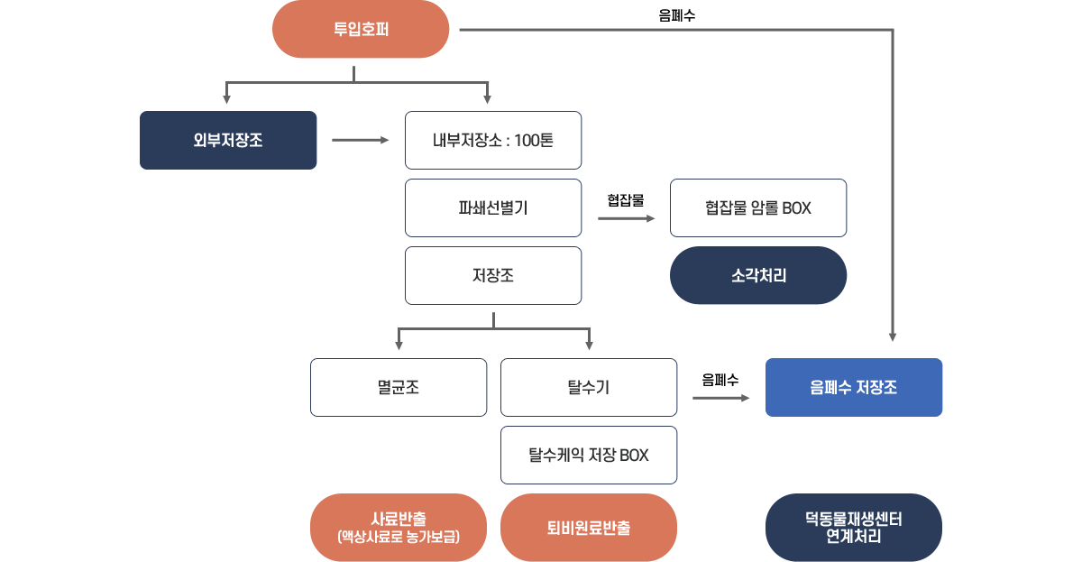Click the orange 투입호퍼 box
tap(361, 30)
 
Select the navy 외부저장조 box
tap(228, 140)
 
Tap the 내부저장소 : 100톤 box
tap(493, 140)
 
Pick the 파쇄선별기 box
tap(493, 207)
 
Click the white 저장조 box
tap(493, 275)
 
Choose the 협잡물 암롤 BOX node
tap(758, 207)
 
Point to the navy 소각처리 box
tap(758, 275)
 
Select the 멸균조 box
tap(399, 387)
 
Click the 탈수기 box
tap(589, 387)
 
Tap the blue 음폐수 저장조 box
tap(854, 387)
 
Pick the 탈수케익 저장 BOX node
tap(589, 455)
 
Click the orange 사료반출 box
tap(399, 527)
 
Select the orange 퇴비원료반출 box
tap(589, 527)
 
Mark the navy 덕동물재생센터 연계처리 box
tap(854, 527)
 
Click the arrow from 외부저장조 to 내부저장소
tap(361, 140)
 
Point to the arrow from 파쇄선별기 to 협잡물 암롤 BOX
tap(628, 217)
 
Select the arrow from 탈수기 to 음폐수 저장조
tap(721, 397)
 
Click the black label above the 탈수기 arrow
tap(720, 379)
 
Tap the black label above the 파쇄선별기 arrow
tap(625, 199)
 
